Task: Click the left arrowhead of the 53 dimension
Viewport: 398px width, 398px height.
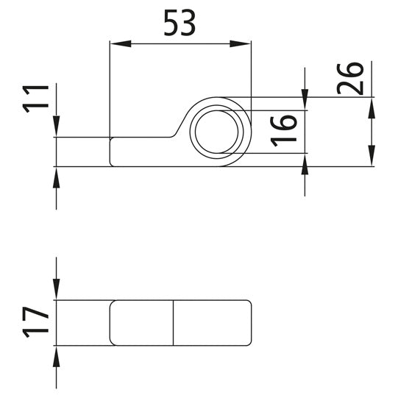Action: click(115, 43)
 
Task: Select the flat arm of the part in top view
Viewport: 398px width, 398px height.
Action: click(143, 152)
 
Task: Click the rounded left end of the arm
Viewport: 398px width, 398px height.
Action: click(112, 152)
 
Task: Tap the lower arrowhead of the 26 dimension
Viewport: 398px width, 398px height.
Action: click(372, 160)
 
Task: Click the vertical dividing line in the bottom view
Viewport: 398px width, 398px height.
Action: click(174, 321)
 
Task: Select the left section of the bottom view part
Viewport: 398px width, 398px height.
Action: click(141, 321)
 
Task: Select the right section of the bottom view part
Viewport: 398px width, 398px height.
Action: click(213, 321)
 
